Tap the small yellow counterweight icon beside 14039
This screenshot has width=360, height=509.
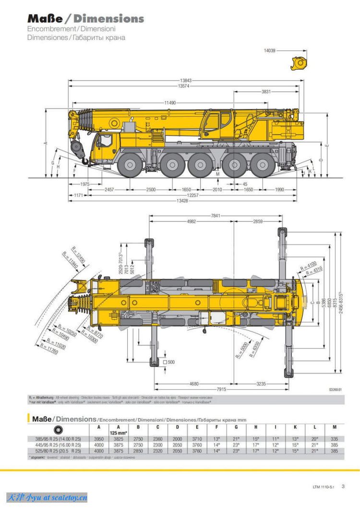298,62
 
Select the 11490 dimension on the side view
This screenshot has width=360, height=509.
169,103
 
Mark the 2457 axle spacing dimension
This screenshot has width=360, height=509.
109,190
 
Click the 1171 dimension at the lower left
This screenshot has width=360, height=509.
79,195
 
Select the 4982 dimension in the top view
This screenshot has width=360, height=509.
191,221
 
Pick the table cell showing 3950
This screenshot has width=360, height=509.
98,439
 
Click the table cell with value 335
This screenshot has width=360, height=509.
335,439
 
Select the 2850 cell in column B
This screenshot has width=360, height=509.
138,451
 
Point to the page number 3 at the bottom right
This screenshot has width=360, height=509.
343,486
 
